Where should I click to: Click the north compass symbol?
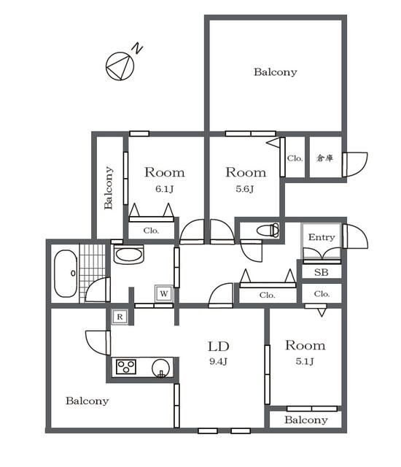point(120,66)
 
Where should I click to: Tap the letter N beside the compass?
point(137,48)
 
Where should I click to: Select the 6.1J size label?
point(164,189)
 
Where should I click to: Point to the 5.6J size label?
point(245,189)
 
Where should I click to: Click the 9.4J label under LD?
point(218,362)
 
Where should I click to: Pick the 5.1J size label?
point(305,362)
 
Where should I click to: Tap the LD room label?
point(218,347)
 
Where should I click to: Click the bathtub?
point(66,274)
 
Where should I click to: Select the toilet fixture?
point(268,231)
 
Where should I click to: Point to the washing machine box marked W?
point(164,293)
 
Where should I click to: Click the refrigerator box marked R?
point(120,317)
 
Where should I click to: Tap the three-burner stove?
point(126,367)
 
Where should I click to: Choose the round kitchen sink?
point(162,368)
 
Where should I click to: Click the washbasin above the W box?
point(129,255)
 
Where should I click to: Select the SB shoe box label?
point(322,272)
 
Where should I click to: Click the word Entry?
point(322,237)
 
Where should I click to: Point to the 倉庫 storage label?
point(324,158)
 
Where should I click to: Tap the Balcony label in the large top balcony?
point(276,72)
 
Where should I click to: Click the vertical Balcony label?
point(109,188)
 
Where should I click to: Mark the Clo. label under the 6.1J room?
point(151,231)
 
